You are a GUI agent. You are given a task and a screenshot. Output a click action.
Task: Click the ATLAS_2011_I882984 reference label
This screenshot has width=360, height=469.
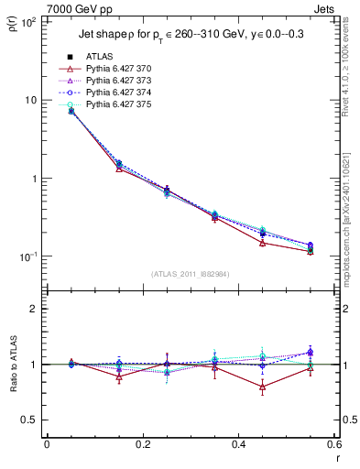coord(190,273)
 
